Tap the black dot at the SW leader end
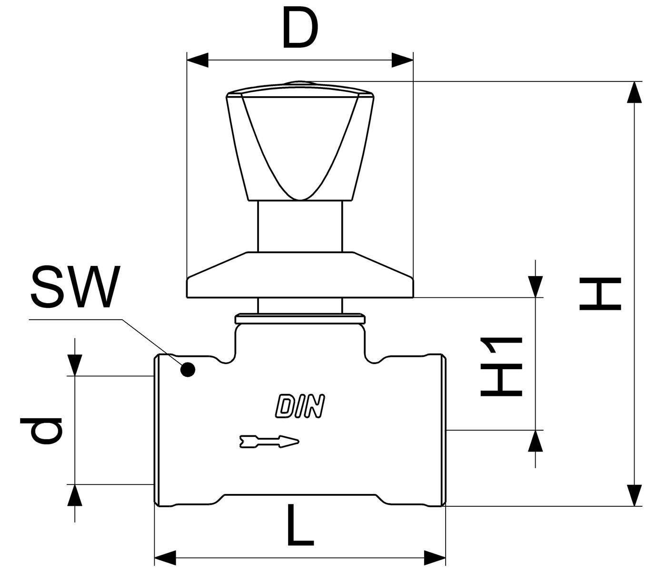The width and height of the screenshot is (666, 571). point(188,369)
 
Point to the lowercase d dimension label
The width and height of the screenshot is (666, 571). point(40,431)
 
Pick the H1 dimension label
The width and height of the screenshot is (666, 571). point(501,367)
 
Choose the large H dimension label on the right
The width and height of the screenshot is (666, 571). point(600,294)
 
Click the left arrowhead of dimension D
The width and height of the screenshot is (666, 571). point(198,60)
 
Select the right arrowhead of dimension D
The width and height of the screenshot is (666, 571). point(402,60)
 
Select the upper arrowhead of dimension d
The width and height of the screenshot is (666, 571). point(75,365)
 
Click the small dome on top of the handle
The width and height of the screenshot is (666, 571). point(300,83)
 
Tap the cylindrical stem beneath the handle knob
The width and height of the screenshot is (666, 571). point(300,226)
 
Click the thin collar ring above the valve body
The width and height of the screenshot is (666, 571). point(300,319)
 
